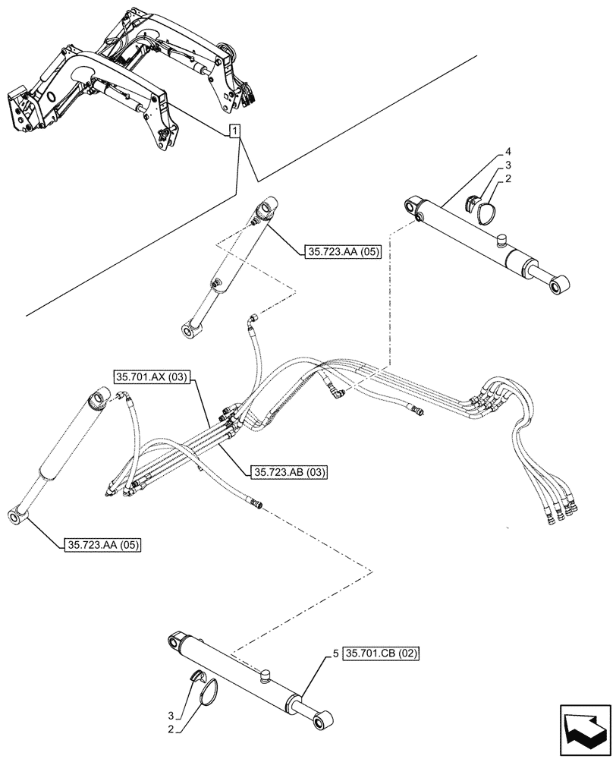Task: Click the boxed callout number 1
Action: (236, 131)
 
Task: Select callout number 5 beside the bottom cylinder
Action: (335, 652)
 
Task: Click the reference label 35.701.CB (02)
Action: (381, 653)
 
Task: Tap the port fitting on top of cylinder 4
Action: (500, 241)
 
